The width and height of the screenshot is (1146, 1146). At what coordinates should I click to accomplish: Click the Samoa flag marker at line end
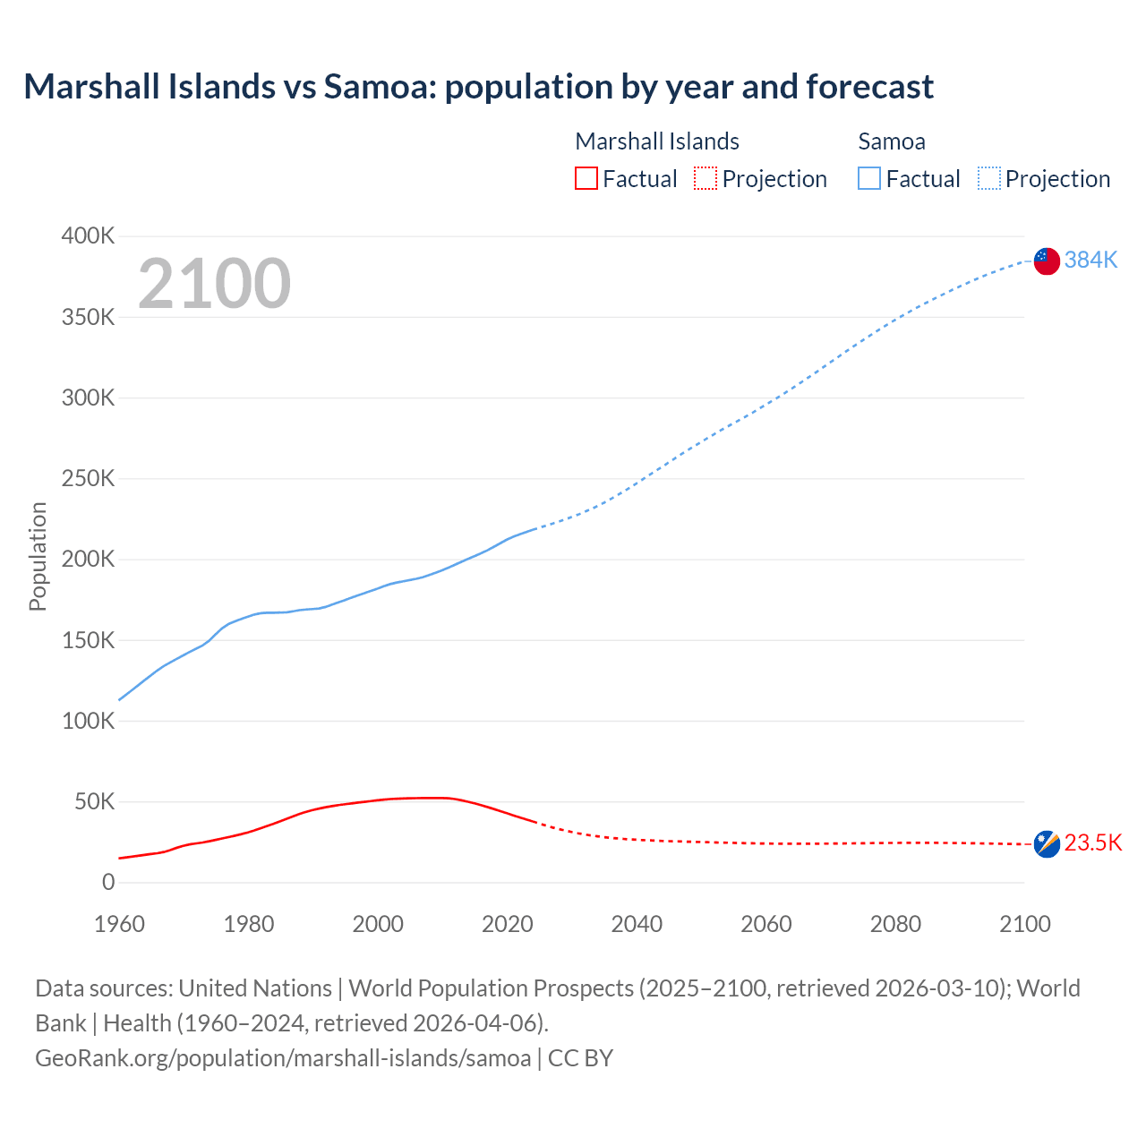pos(1047,261)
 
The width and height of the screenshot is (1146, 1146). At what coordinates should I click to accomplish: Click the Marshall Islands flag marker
pos(1047,843)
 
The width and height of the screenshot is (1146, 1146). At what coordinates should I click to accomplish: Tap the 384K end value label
pos(1090,260)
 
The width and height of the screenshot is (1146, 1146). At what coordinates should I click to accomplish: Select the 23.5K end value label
pos(1092,843)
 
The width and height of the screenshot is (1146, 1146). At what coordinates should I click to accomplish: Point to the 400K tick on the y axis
pos(88,236)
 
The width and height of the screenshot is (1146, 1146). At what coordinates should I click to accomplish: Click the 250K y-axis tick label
pos(88,479)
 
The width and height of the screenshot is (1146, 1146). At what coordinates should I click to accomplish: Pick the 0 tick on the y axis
pos(108,883)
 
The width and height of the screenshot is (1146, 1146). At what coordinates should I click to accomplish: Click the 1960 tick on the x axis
pos(119,924)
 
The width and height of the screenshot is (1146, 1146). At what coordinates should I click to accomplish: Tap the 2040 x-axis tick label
pos(637,924)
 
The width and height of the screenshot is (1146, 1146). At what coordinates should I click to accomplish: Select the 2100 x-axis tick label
pos(1024,924)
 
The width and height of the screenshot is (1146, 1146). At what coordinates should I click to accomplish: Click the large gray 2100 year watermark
pos(214,284)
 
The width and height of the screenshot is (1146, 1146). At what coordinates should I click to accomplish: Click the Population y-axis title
pos(38,556)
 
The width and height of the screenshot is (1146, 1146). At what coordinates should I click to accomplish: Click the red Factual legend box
pos(586,179)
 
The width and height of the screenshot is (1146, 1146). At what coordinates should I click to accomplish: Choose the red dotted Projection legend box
pos(706,179)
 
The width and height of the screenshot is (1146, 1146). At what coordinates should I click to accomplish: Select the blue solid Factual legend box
pos(869,179)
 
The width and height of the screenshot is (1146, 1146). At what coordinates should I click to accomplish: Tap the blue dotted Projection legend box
pos(988,179)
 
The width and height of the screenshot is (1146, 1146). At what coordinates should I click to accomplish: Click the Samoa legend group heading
pos(892,141)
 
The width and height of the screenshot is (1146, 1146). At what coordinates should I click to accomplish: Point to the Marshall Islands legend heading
pos(657,141)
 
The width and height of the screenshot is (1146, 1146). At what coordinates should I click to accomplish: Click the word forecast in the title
pos(869,87)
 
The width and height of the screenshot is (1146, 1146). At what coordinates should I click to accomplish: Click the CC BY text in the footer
pos(580,1058)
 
